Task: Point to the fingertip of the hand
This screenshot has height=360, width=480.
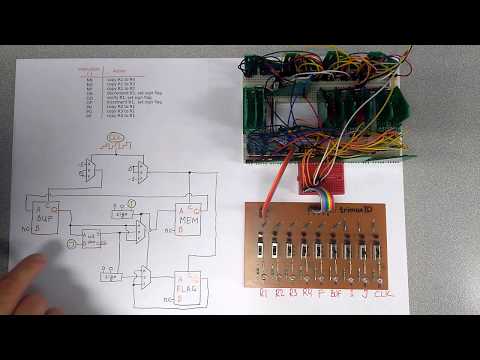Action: [40, 262]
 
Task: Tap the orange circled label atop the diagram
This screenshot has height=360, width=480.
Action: [117, 136]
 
